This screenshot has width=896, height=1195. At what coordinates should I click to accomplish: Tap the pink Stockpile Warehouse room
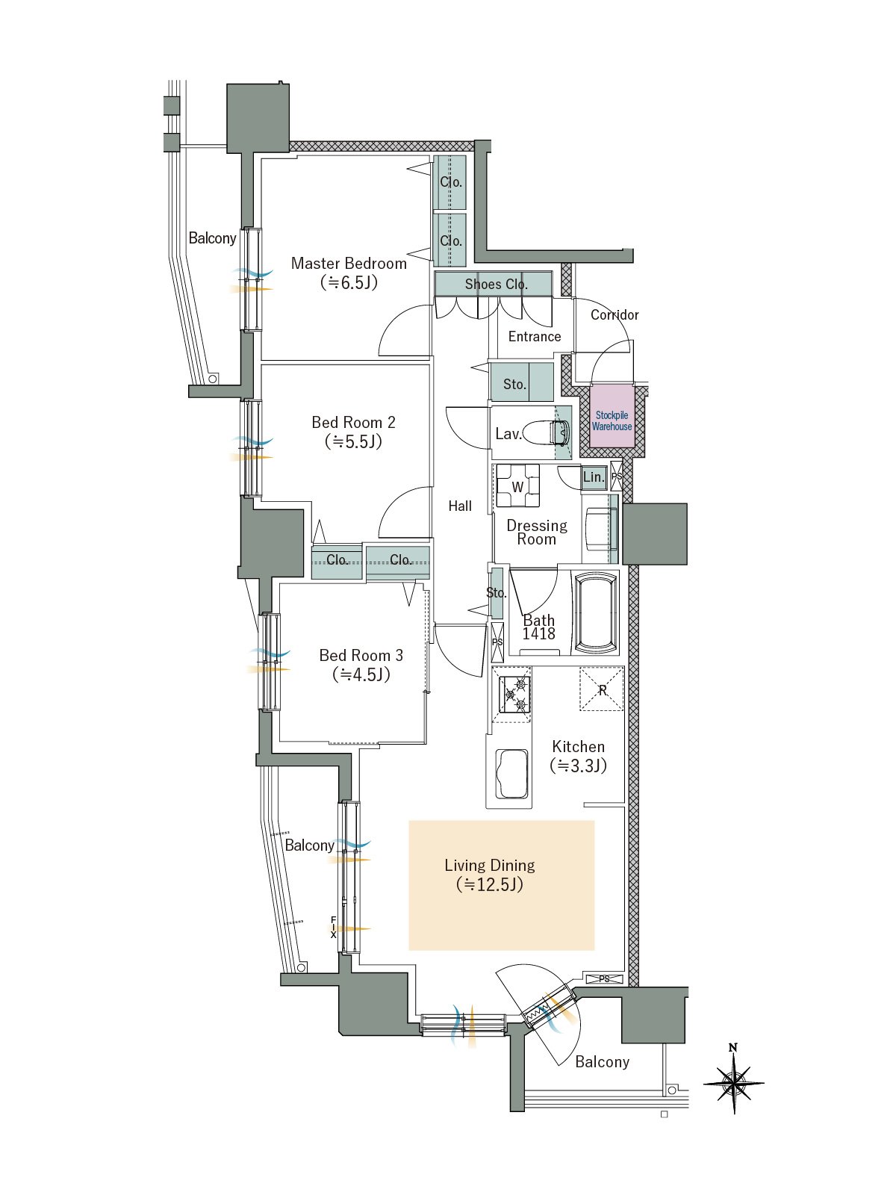[x=612, y=417]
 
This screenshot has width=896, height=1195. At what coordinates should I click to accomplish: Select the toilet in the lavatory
[x=560, y=432]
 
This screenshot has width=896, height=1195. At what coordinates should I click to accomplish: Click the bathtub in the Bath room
[x=597, y=614]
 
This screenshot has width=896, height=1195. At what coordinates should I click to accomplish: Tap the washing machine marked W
[x=517, y=486]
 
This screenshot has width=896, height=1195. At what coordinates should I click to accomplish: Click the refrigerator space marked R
[x=602, y=689]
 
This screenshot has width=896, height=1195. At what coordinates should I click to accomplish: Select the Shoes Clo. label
[x=496, y=285]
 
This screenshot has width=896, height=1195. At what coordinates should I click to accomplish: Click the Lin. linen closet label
[x=594, y=477]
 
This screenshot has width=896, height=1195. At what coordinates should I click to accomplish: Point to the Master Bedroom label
[x=349, y=264]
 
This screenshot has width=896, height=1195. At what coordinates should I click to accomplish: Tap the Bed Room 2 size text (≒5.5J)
[x=354, y=441]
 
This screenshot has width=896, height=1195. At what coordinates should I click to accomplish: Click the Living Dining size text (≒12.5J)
[x=490, y=885]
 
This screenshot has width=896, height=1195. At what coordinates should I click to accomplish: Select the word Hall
[x=460, y=506]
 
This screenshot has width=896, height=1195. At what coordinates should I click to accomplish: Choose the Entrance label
[x=534, y=336]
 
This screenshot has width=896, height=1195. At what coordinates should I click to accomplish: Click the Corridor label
[x=615, y=314]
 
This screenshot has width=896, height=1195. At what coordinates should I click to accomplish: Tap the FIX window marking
[x=334, y=927]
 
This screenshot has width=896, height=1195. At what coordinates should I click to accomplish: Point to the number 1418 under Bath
[x=539, y=633]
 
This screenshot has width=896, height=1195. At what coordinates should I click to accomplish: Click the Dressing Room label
[x=537, y=533]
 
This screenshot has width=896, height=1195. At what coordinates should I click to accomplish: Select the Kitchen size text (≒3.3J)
[x=578, y=766]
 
